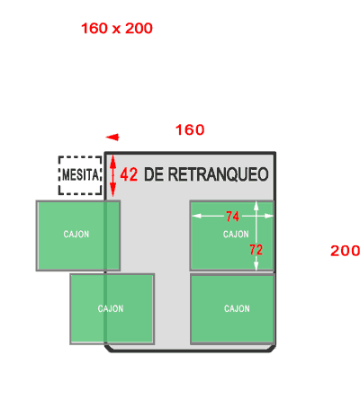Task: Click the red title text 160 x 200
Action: (x=117, y=29)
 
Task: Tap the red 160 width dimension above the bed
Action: (x=190, y=130)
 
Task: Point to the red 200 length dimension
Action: (x=345, y=251)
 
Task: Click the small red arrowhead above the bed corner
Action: (x=112, y=138)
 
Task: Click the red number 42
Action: (x=129, y=174)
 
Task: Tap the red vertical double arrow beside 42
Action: (x=112, y=176)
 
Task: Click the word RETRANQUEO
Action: (x=218, y=174)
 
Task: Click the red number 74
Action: (x=232, y=217)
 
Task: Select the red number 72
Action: (x=256, y=250)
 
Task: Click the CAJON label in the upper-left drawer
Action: (x=76, y=234)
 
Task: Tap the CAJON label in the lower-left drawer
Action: (x=111, y=308)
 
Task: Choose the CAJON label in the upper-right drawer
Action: (x=236, y=234)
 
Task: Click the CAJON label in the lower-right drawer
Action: (x=237, y=308)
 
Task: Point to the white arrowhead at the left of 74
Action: (x=196, y=216)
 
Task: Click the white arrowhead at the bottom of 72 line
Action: (x=256, y=266)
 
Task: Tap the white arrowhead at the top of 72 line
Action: (x=256, y=206)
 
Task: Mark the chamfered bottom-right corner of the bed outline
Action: (x=272, y=349)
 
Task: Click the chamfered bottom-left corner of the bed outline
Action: (x=108, y=349)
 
